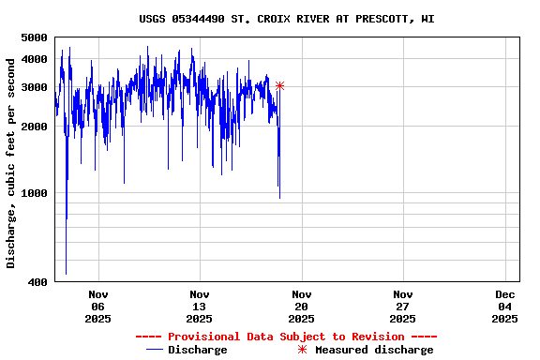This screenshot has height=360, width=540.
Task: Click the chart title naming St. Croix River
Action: [286, 19]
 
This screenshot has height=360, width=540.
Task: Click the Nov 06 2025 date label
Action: [98, 306]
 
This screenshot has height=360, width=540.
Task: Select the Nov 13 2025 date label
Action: [199, 306]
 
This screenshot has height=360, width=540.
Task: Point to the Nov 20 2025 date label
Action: [301, 306]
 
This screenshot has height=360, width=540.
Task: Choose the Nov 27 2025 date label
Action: [402, 306]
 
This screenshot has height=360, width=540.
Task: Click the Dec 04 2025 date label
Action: [504, 306]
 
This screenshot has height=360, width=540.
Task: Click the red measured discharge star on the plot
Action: [279, 86]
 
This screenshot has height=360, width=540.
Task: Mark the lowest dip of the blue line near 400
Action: [66, 273]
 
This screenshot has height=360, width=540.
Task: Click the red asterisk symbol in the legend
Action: [302, 350]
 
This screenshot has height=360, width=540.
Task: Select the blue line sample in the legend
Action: [155, 350]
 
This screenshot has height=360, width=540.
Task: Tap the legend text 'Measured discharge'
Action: [374, 350]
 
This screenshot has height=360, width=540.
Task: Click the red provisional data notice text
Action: [286, 337]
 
